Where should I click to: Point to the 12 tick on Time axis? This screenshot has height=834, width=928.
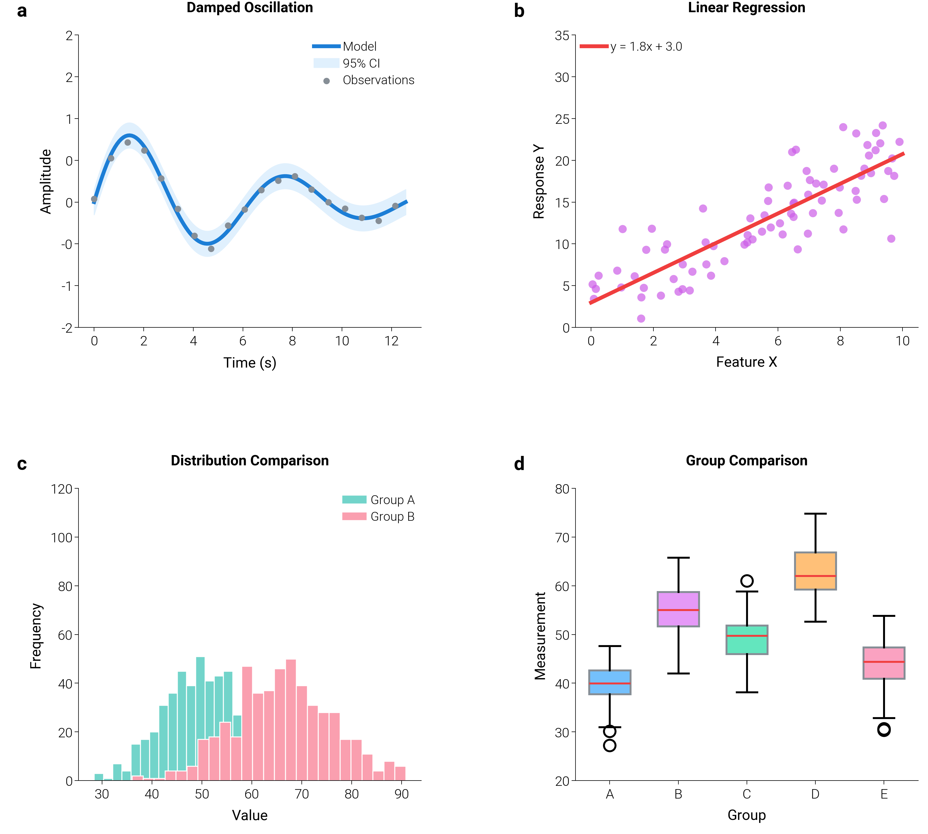(x=391, y=341)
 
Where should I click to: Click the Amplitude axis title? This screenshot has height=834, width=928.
(x=45, y=181)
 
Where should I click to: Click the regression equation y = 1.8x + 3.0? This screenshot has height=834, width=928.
(x=646, y=47)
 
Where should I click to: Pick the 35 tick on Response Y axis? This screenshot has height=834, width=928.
(x=562, y=36)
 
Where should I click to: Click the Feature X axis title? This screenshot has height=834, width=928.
(x=746, y=362)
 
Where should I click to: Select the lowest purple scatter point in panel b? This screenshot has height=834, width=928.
(x=641, y=319)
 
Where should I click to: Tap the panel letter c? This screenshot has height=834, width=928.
(x=22, y=464)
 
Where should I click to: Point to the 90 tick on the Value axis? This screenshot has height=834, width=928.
(x=401, y=794)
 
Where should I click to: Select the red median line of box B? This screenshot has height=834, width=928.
(x=678, y=610)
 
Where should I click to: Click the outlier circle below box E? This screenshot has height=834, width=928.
(x=884, y=730)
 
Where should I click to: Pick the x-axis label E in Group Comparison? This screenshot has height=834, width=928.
(x=884, y=794)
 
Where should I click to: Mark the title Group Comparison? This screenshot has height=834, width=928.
(x=746, y=461)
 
